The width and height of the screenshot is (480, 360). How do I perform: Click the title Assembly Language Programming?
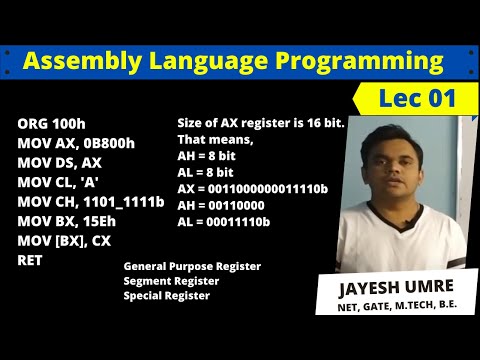[232, 62]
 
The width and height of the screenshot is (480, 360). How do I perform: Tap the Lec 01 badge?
[417, 98]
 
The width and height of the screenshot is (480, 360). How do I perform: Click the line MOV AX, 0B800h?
[76, 143]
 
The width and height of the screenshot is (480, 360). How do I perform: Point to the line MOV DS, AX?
[61, 163]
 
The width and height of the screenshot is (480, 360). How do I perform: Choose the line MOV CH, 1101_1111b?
[90, 201]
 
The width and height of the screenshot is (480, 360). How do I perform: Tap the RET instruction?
[30, 259]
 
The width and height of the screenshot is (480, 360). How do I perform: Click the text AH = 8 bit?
[212, 157]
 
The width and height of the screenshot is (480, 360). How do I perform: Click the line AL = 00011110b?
[223, 220]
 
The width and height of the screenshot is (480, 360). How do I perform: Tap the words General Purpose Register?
[192, 266]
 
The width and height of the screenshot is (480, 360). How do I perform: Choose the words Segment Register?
[171, 281]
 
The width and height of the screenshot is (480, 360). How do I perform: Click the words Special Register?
[167, 295]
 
